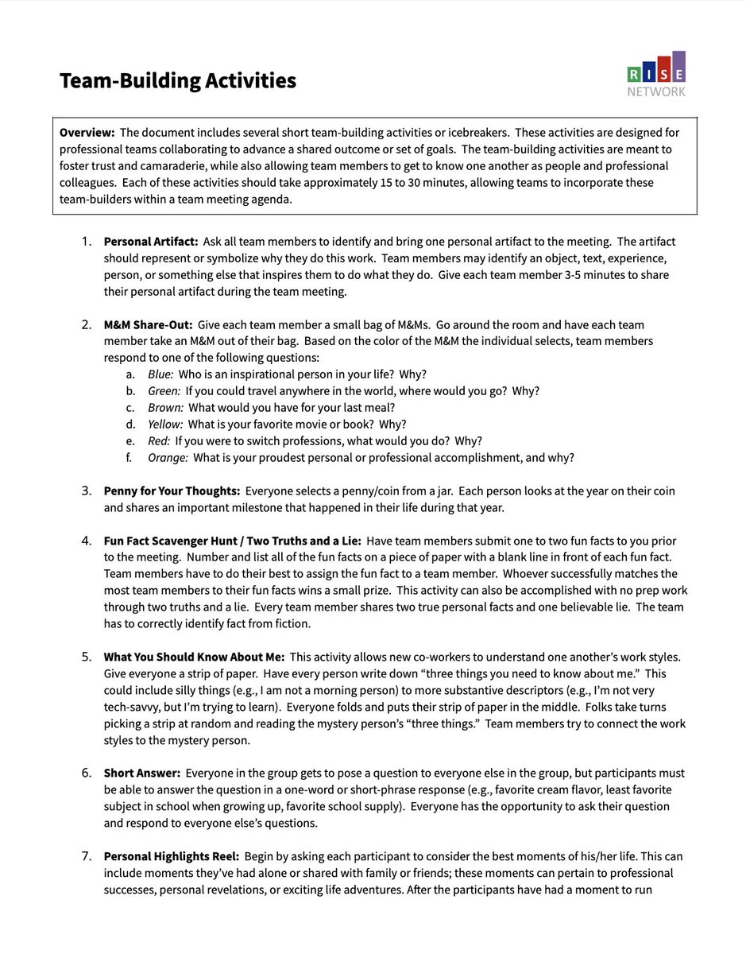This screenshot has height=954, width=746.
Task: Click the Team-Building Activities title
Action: coord(178,80)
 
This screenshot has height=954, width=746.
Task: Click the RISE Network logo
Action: coord(655,75)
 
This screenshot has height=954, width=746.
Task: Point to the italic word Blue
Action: coord(161,374)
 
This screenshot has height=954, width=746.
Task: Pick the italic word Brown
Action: coord(165,408)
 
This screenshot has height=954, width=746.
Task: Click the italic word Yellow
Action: coord(165,425)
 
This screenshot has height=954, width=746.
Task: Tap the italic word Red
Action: coord(160,441)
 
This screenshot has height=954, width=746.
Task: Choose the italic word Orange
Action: coord(168,458)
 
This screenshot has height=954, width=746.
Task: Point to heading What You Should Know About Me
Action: coord(194,657)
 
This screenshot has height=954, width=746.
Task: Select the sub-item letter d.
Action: coord(129,425)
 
